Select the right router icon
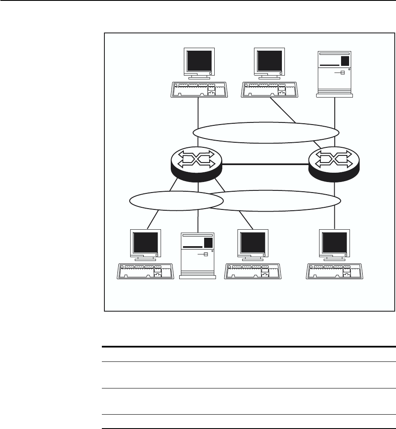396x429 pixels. click(334, 164)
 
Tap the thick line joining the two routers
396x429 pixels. click(265, 164)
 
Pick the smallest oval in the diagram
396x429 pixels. click(169, 201)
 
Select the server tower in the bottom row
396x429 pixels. click(197, 255)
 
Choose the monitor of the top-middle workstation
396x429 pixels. click(268, 62)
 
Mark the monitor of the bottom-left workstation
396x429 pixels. click(146, 244)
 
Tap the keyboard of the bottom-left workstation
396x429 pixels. click(146, 271)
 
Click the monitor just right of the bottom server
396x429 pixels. click(253, 244)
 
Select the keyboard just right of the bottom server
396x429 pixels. click(253, 271)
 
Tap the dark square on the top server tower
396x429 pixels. click(345, 60)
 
